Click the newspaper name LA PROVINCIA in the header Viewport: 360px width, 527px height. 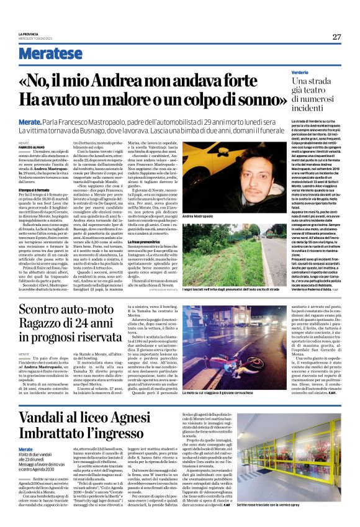tap(29, 34)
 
